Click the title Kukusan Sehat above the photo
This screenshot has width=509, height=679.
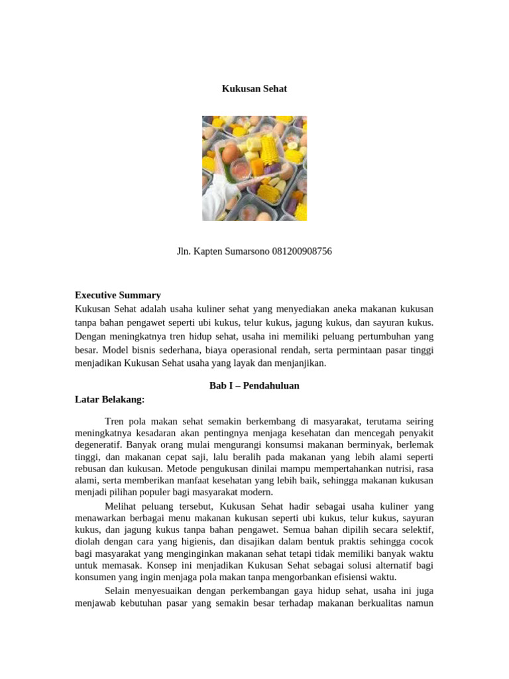[254, 88]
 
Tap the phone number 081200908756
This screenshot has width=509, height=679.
[302, 251]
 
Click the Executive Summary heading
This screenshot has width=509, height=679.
[117, 295]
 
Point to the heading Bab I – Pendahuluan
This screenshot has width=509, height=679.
[254, 385]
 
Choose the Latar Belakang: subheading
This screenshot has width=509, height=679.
[109, 399]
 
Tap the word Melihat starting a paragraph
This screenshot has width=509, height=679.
[122, 506]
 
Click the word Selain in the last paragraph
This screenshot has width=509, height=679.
[120, 591]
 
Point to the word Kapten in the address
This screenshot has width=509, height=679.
[207, 251]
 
